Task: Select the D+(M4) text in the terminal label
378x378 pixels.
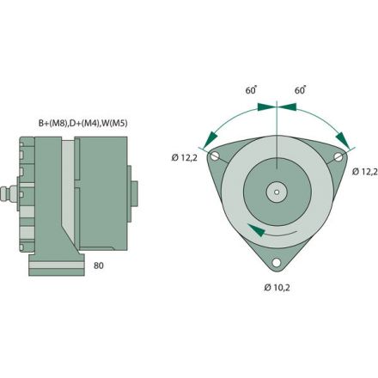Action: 82,122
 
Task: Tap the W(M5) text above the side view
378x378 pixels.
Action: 112,122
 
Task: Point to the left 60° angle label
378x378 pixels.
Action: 251,90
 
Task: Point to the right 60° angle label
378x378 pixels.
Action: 302,90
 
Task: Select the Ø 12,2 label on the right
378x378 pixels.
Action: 364,171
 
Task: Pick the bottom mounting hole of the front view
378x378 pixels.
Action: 276,262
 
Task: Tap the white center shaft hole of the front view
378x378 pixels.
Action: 276,191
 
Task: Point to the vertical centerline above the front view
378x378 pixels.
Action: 276,125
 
